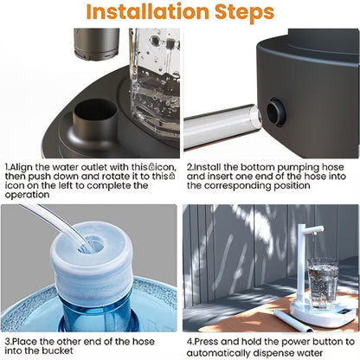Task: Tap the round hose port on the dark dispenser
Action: tap(277, 112)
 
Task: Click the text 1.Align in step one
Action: tap(20, 167)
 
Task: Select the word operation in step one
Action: tap(31, 196)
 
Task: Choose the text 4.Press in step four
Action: tap(202, 340)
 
